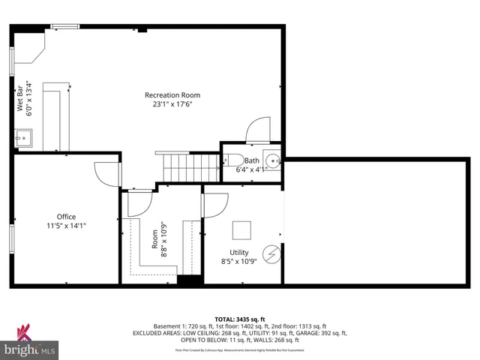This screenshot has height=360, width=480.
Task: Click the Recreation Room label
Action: (172, 95)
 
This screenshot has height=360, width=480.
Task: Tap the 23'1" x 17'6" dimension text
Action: (172, 105)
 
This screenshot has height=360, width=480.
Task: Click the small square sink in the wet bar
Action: (23, 138)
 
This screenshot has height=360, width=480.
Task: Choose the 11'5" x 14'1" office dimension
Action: (67, 225)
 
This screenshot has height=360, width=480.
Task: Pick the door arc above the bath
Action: (259, 129)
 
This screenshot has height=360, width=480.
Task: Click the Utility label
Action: (239, 253)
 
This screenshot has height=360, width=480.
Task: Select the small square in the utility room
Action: (241, 229)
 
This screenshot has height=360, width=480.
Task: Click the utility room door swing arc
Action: (217, 205)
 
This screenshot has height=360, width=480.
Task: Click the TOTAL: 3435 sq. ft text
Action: (239, 319)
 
